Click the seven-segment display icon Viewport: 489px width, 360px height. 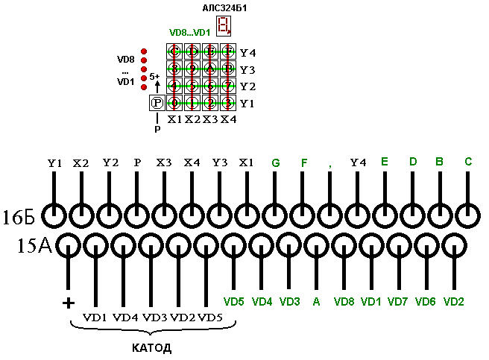pos(223,27)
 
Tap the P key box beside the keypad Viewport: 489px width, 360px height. pos(157,103)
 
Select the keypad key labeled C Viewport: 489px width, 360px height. pos(174,52)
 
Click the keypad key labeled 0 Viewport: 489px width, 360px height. pos(174,103)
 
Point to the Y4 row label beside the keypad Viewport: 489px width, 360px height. pos(248,53)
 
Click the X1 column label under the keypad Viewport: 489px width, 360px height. pos(174,119)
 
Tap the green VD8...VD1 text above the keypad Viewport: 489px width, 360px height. pos(190,33)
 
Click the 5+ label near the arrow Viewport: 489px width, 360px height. pos(154,76)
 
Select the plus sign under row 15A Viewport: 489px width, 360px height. pos(69,302)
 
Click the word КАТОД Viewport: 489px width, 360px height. pos(151,348)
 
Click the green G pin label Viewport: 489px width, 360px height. pos(276,162)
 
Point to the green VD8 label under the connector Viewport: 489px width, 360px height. pos(344,302)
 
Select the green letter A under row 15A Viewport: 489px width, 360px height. pos(316,302)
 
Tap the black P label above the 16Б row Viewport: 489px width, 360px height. pos(136,162)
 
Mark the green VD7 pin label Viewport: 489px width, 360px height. pos(398,302)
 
